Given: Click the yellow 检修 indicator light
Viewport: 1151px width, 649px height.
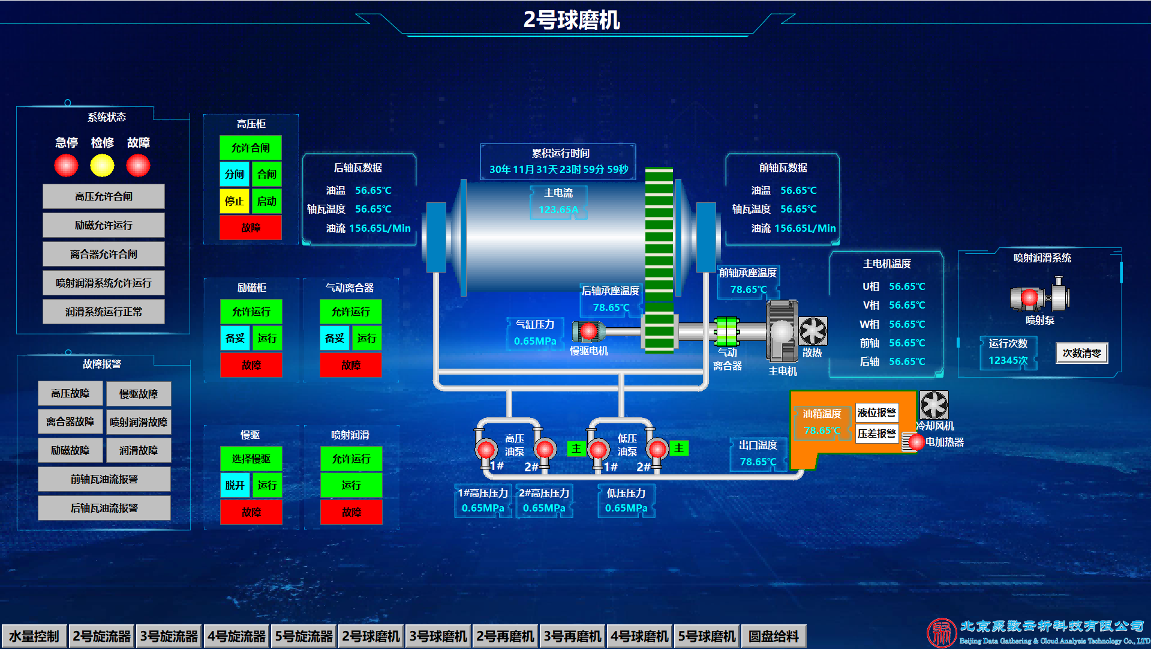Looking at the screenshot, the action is coord(102,165).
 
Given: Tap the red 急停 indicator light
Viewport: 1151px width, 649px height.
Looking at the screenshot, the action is coord(66,165).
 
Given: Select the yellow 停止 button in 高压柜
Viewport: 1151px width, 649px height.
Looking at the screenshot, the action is coord(235,201).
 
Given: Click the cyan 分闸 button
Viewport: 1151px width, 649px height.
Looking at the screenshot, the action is coord(235,174).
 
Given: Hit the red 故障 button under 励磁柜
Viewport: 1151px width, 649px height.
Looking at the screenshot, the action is coord(251,364).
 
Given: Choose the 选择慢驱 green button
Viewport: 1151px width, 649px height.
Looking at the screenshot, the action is coord(251,459).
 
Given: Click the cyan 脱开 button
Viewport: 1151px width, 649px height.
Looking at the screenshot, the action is coord(235,485).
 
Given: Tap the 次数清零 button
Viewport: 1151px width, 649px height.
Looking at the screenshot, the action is coord(1081,353).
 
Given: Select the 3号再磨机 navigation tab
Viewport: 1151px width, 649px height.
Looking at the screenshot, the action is coord(572,636).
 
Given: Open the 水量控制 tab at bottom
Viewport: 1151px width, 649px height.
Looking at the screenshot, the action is coord(34,636).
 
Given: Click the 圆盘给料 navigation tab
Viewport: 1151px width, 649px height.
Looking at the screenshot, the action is coord(774,636).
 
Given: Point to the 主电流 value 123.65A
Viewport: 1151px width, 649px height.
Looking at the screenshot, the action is coord(558,210).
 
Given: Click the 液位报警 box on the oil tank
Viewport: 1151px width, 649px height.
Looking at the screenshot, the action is coord(876,412).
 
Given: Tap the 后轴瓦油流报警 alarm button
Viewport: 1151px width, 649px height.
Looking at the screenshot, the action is coord(104,508).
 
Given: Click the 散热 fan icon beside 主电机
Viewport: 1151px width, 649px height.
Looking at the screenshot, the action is coord(813,331).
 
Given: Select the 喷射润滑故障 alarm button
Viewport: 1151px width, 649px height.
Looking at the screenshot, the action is coord(139,422).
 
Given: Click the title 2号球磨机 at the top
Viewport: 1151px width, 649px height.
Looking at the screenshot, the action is coord(572,20).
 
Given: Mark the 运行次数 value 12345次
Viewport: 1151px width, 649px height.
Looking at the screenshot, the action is coord(1008,360).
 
